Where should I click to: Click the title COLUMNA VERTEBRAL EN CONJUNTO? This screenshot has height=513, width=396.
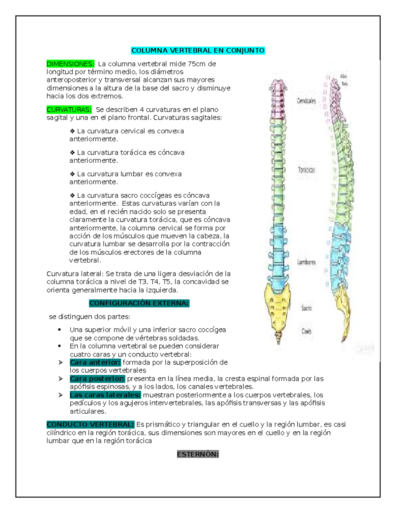[x=198, y=51]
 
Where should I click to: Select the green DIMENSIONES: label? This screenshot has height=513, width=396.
[x=70, y=64]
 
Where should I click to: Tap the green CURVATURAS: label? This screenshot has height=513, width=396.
[x=69, y=110]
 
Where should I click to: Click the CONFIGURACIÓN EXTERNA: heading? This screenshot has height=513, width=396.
[x=139, y=303]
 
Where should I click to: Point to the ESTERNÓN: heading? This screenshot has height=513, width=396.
[x=198, y=454]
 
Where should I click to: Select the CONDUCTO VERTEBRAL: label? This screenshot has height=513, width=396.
[x=90, y=424]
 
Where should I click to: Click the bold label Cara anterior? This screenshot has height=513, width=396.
[x=95, y=362]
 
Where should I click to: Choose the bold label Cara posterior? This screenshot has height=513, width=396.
[x=97, y=379]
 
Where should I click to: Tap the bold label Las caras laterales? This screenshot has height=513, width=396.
[x=105, y=395]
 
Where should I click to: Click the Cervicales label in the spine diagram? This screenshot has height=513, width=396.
[x=306, y=101]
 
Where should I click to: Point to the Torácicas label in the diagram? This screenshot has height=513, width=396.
[x=306, y=170]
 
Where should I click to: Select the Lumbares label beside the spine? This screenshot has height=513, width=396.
[x=306, y=262]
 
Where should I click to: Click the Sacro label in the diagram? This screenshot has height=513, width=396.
[x=306, y=308]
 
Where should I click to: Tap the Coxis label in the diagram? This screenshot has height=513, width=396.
[x=306, y=331]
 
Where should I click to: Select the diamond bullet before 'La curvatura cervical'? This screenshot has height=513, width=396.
[x=72, y=131]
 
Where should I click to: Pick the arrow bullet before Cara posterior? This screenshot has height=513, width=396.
[x=61, y=379]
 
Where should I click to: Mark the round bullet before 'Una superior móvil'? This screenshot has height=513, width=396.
[x=59, y=330]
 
